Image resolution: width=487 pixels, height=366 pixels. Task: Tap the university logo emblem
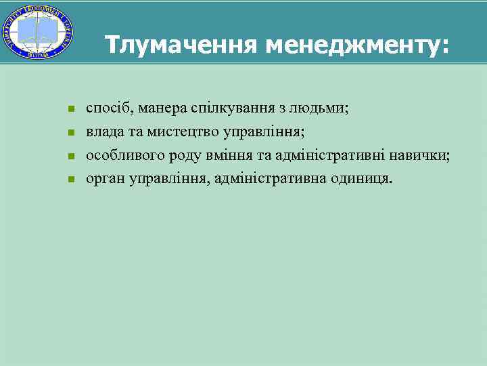[x=39, y=33]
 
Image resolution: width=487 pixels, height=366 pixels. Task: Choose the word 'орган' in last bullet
[x=102, y=180]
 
